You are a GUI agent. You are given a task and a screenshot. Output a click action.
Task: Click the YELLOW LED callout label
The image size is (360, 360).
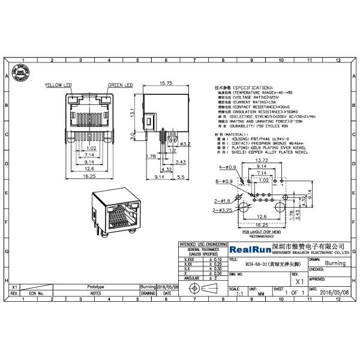click(58, 86)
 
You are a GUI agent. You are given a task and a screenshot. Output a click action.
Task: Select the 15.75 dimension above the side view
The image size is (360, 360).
click(167, 83)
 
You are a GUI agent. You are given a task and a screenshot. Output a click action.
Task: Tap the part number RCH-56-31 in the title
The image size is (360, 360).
click(268, 262)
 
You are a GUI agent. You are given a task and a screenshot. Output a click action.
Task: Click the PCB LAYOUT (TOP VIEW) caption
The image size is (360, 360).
click(262, 232)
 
